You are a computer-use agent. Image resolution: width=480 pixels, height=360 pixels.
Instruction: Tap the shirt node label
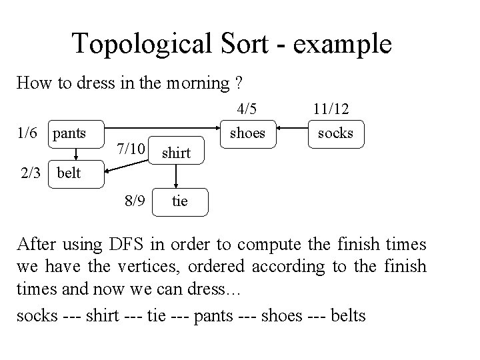click(177, 153)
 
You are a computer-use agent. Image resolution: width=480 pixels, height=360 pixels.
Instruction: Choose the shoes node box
click(247, 133)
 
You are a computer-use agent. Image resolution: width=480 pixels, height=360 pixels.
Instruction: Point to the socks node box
click(335, 133)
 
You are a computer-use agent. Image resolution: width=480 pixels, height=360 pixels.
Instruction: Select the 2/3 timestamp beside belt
click(34, 174)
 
